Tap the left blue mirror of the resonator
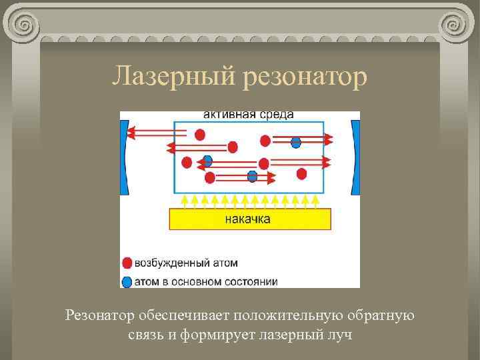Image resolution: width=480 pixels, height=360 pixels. pos(123,157)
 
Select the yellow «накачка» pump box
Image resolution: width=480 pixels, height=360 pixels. pos(251,219)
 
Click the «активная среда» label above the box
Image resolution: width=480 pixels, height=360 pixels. pos(248,115)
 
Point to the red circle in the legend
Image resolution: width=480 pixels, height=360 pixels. pos(127,263)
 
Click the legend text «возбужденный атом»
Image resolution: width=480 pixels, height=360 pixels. pos(186,263)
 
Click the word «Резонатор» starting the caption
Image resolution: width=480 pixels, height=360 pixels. pos(101,315)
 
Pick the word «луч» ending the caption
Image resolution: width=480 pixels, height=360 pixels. pos(339,334)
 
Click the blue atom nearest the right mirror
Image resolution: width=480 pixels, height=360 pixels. pos(296,142)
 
